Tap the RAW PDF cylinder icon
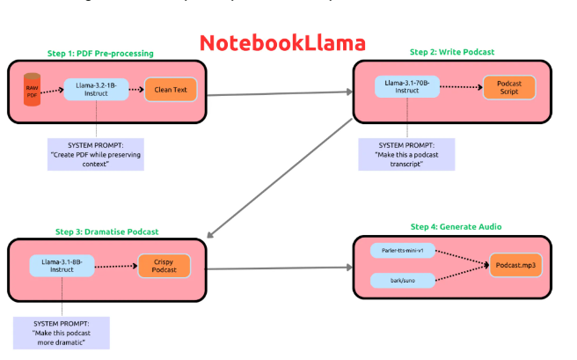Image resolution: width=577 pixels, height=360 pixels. [x=33, y=91]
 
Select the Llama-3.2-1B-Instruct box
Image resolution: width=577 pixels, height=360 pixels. [x=96, y=90]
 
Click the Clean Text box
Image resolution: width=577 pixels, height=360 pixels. [x=172, y=90]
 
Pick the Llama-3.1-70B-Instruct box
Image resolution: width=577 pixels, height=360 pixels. [x=407, y=87]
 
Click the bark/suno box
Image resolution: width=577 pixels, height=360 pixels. [x=403, y=281]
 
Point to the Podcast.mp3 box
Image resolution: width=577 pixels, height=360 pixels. [x=515, y=265]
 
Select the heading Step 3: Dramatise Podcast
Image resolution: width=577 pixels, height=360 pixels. [x=107, y=231]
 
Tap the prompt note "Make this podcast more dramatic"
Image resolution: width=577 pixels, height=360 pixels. [x=61, y=333]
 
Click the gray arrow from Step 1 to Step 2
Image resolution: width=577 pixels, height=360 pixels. [x=280, y=92]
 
